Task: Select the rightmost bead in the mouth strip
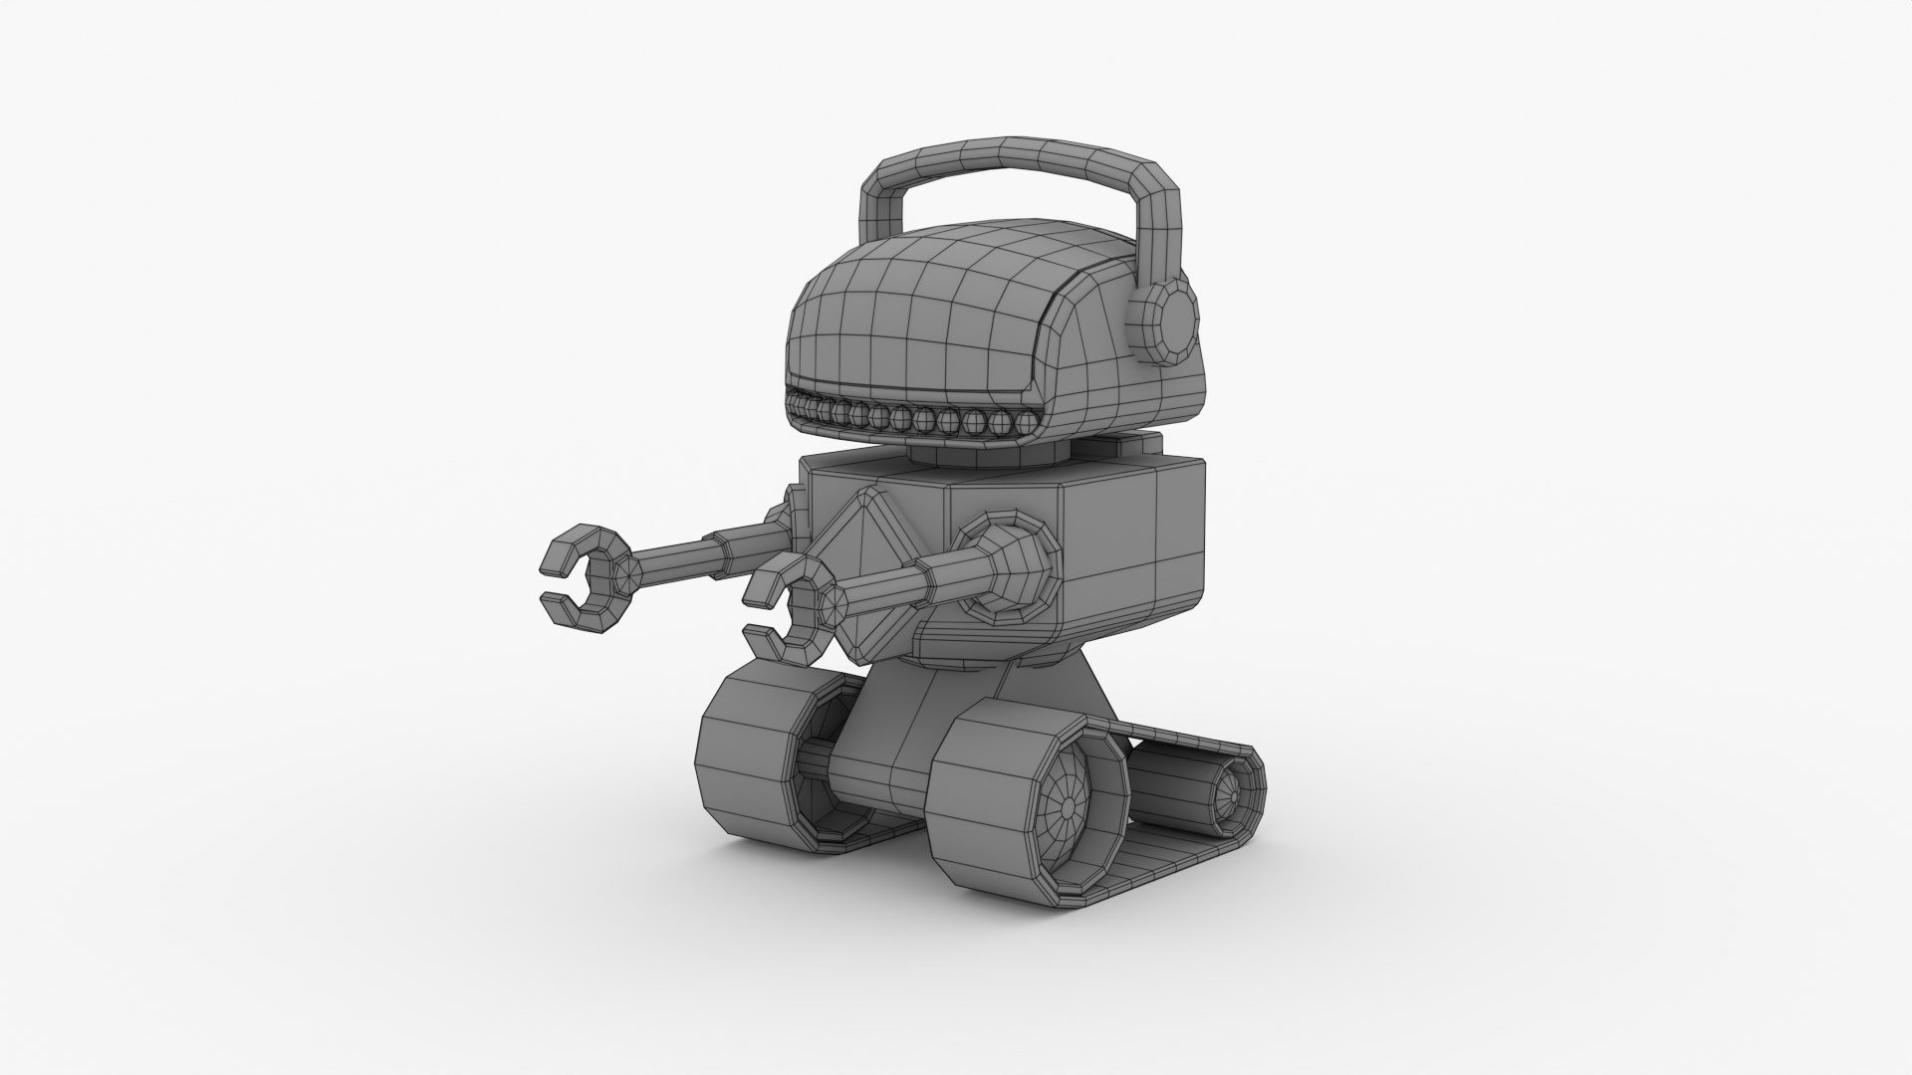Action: pos(1000,423)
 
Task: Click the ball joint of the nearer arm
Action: pos(1016,576)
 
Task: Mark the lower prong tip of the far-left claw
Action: pos(553,603)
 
